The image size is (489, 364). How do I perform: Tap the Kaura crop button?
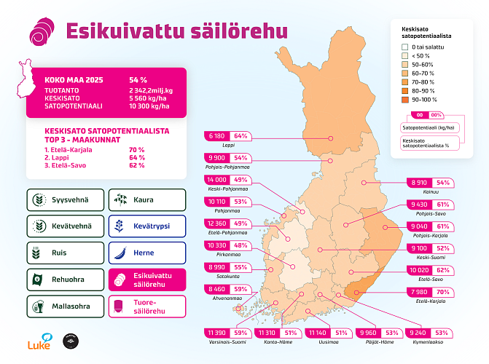click(146, 200)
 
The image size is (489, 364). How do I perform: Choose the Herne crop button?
click(146, 253)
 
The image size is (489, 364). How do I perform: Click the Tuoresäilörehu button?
click(146, 306)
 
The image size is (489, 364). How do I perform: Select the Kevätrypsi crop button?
click(146, 226)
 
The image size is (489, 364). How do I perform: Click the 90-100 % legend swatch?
click(404, 99)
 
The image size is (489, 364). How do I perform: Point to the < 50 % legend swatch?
click(404, 55)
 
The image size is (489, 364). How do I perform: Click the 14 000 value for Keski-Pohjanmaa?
click(217, 180)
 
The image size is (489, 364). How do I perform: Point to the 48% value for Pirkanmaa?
click(242, 245)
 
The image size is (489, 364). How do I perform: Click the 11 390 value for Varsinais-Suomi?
click(217, 333)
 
